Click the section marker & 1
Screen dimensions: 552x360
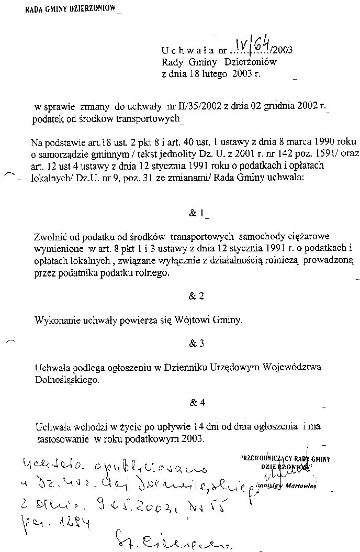click(x=197, y=214)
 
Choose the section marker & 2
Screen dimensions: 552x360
click(x=196, y=296)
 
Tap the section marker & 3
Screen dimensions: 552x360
click(x=196, y=344)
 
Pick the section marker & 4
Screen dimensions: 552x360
click(x=196, y=403)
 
